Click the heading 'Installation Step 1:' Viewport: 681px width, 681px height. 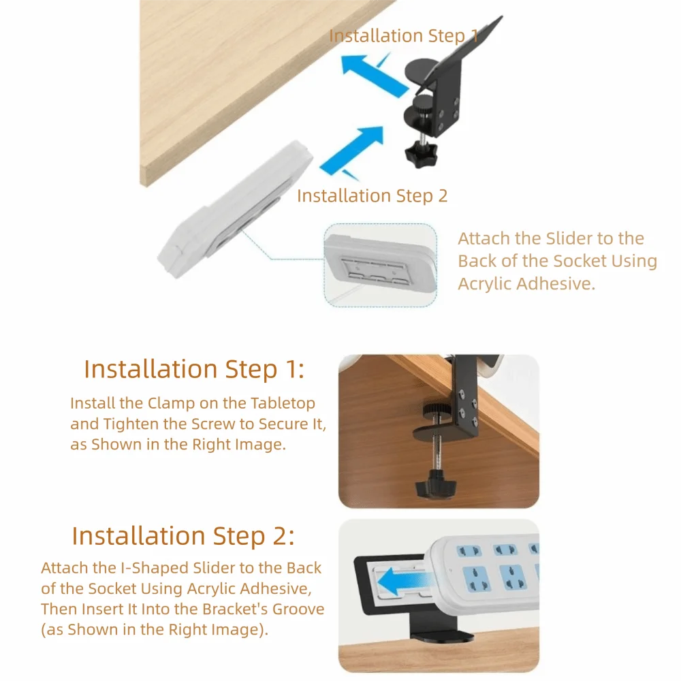tap(194, 369)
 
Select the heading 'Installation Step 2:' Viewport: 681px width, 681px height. tap(183, 536)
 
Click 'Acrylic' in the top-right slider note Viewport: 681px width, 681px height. tap(485, 283)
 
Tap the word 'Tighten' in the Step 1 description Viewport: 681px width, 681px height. tap(132, 424)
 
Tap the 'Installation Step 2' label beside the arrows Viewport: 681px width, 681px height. tap(373, 196)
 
